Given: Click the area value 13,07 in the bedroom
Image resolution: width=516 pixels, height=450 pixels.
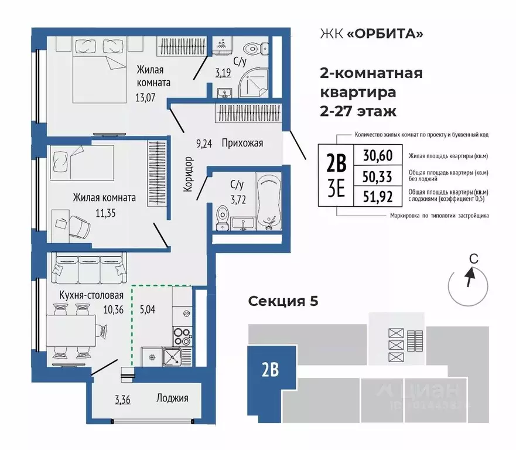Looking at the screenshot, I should (145, 97).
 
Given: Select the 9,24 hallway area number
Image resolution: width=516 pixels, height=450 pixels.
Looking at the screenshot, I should (204, 142).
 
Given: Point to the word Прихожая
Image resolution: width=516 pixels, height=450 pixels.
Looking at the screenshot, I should (243, 142).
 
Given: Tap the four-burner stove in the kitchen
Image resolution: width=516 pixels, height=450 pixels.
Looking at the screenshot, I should (181, 335).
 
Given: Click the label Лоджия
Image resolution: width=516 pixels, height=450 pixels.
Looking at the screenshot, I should (172, 398).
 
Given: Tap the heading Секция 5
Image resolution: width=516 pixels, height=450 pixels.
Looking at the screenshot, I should (283, 301).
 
